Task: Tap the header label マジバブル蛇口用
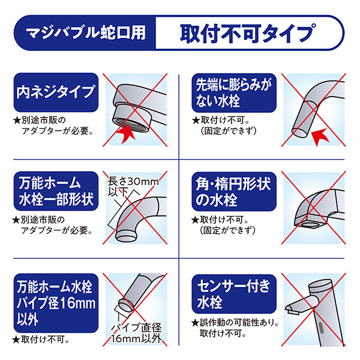pos(88,32)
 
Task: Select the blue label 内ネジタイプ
pos(55,92)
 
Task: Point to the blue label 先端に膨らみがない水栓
pos(233,92)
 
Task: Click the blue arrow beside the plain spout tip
pos(328,136)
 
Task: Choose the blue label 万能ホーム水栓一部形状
pos(55,191)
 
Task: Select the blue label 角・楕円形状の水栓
pos(233,191)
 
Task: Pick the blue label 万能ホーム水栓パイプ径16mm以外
pos(55,297)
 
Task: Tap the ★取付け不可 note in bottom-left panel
pos(42,340)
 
